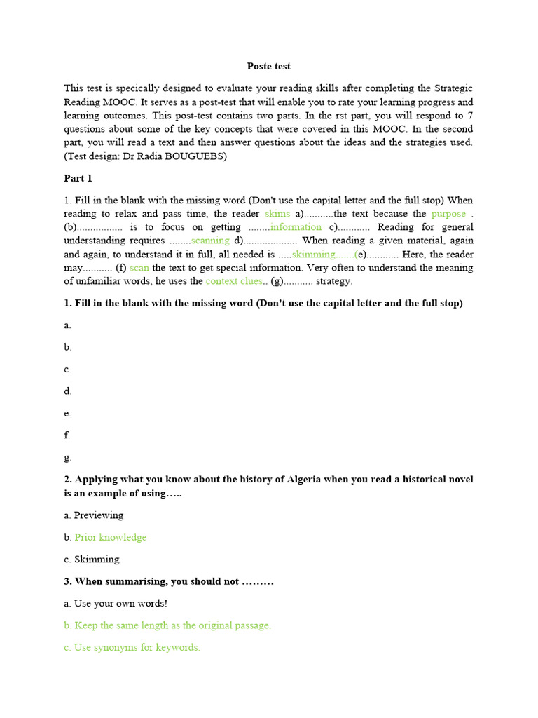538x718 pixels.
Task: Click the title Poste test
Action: tap(268, 66)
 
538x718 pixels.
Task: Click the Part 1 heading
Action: tap(78, 178)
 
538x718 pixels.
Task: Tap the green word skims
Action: tap(277, 213)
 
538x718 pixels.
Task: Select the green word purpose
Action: tap(448, 213)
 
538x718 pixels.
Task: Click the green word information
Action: tap(296, 226)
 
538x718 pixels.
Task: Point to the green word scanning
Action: tap(210, 241)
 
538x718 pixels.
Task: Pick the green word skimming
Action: tap(313, 254)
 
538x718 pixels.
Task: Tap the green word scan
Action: tap(139, 267)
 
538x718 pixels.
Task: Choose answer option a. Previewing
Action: tap(93, 515)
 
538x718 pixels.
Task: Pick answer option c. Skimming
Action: tap(92, 560)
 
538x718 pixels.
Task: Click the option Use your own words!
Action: tap(120, 603)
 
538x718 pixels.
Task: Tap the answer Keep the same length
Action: tap(172, 625)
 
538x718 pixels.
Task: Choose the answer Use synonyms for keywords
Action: tap(137, 647)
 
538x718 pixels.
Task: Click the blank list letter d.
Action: tap(67, 391)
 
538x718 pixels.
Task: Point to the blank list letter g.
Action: tap(67, 458)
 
